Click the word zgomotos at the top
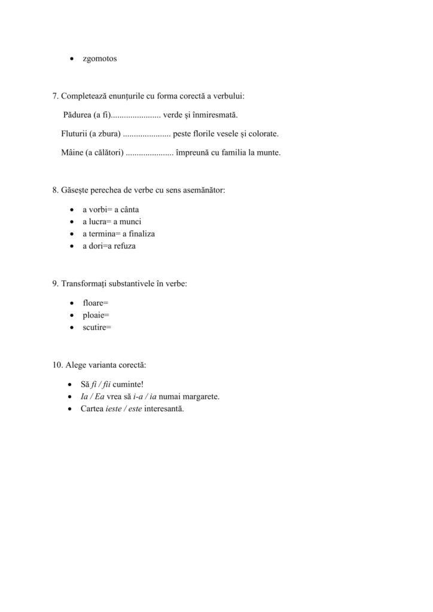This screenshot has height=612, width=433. coord(100,59)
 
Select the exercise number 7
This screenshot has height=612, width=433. coord(56,96)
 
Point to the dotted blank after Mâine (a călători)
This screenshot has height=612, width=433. coord(150,153)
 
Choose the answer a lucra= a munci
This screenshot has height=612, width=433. coord(112,222)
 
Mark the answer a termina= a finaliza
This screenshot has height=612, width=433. coord(118,234)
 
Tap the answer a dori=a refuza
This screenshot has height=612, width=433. coord(109,246)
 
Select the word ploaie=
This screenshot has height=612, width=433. coord(96,315)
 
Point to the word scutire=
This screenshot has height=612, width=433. coord(97,327)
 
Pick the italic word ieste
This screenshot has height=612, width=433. coord(114,409)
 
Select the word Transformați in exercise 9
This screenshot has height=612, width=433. coord(84,284)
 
